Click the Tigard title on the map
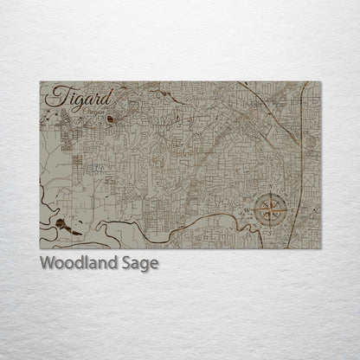tap(68, 98)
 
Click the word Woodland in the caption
tap(81, 263)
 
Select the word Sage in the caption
tap(141, 264)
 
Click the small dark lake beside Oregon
tap(110, 119)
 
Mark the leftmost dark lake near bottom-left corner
tap(60, 224)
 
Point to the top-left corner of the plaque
tap(41, 82)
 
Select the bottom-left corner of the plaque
tap(41, 248)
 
